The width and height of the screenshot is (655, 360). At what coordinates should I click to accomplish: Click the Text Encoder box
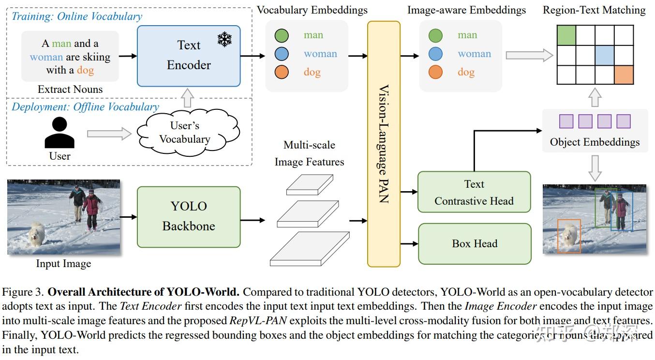[x=189, y=56]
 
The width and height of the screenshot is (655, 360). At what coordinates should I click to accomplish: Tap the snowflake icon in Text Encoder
[x=224, y=39]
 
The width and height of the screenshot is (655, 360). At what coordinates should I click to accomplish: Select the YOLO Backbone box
[x=189, y=216]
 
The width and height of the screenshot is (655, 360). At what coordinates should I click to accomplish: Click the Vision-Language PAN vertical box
[x=384, y=144]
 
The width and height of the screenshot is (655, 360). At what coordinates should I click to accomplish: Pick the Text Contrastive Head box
[x=474, y=192]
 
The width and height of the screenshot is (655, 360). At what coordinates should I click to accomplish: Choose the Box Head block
[x=475, y=243]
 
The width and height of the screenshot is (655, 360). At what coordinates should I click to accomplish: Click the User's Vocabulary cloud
[x=185, y=132]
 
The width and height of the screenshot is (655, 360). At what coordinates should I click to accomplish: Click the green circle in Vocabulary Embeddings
[x=282, y=35]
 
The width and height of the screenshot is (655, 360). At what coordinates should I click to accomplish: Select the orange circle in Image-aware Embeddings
[x=435, y=72]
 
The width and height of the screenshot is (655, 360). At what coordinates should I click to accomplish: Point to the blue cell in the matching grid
[x=605, y=55]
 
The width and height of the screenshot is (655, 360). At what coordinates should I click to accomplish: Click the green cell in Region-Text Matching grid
[x=566, y=35]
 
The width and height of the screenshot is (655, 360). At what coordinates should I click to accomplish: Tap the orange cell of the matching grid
[x=624, y=75]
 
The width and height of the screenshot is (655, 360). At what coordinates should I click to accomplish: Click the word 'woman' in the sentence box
[x=46, y=57]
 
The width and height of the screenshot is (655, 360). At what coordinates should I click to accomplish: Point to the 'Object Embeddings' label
[x=595, y=142]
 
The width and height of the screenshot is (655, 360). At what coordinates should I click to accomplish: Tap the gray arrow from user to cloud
[x=109, y=134]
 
